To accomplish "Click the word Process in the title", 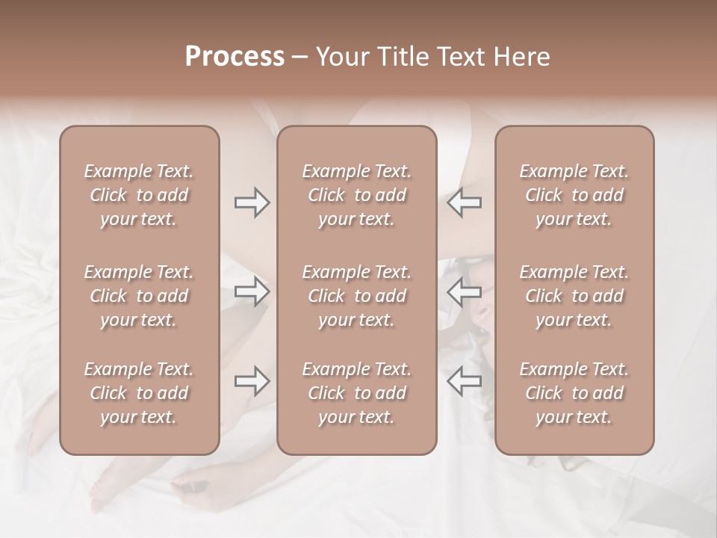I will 235,57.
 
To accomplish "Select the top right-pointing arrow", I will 252,202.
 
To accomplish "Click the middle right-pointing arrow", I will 252,291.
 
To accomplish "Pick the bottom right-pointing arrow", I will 252,381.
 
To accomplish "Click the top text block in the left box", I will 139,195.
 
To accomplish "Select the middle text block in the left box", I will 139,296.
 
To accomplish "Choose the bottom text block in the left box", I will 139,393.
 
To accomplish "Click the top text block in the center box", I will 356,195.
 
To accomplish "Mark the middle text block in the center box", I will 356,296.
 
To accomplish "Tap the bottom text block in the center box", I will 356,393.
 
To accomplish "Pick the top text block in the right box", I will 574,195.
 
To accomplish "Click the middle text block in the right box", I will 574,296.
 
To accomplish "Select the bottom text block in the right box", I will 574,393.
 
